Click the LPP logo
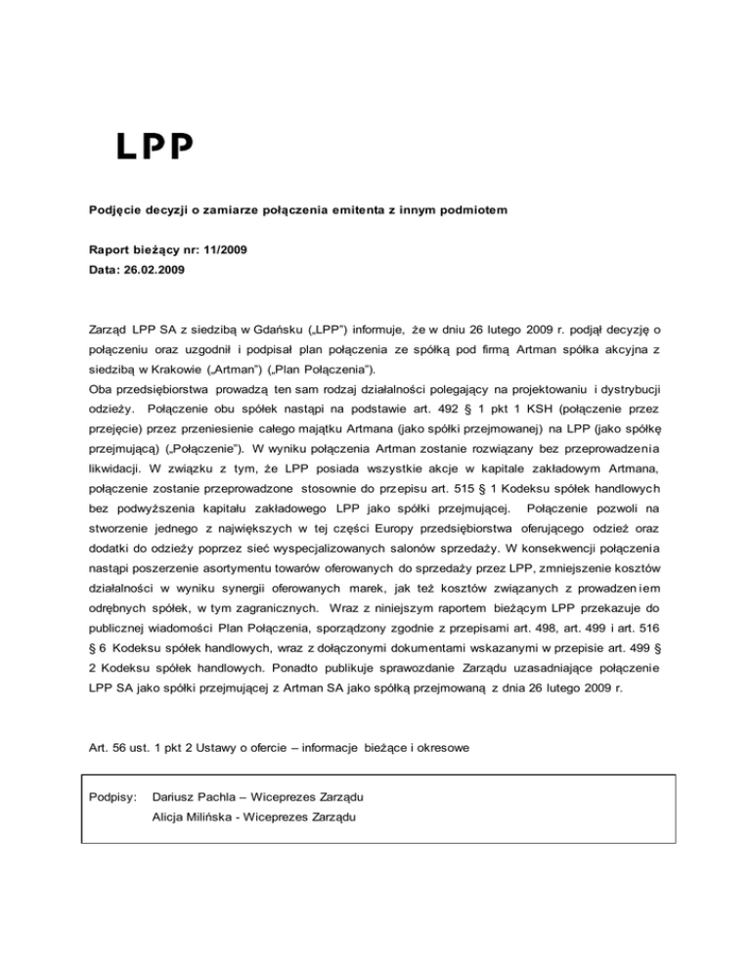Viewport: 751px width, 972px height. click(x=155, y=146)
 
